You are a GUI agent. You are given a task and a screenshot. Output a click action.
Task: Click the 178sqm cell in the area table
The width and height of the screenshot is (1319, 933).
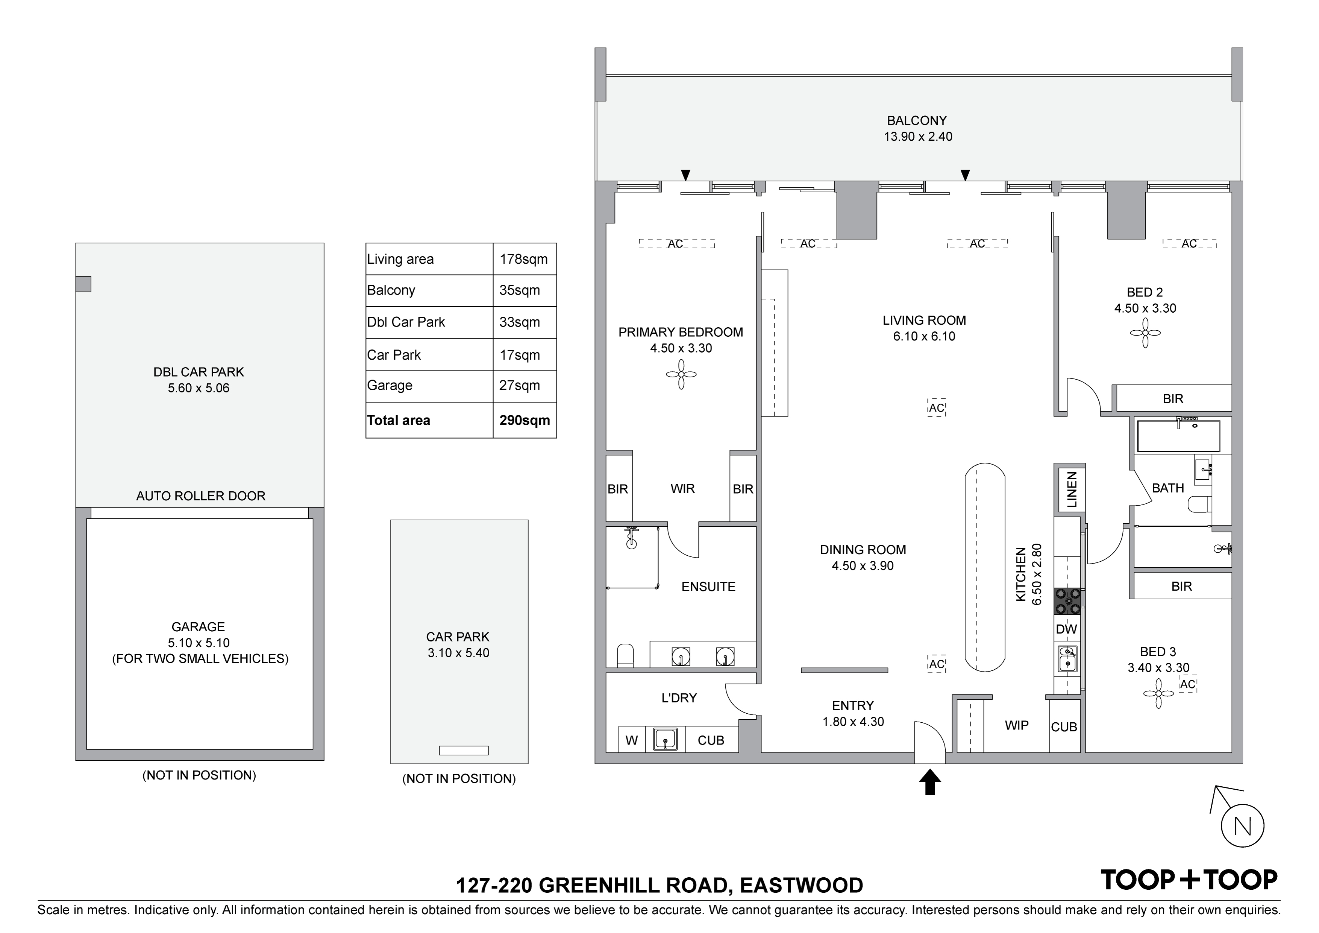[x=524, y=259]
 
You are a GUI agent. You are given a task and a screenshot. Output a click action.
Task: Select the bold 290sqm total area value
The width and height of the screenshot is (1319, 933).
[x=525, y=420]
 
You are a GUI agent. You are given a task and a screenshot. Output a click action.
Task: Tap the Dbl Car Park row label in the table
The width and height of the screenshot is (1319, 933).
[x=406, y=322]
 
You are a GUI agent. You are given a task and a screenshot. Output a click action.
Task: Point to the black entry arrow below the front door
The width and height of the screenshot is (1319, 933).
[x=929, y=783]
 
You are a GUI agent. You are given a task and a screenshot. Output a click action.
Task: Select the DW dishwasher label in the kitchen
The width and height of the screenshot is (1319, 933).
[x=1067, y=629]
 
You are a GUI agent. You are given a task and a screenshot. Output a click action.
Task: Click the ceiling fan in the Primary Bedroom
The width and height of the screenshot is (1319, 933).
[x=681, y=374]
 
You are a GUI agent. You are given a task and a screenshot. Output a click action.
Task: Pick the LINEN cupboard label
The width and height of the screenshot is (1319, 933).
[x=1071, y=489]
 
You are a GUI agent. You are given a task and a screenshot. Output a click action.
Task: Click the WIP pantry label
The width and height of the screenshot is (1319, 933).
[x=1017, y=725]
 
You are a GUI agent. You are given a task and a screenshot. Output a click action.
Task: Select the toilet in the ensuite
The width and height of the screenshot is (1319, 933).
[x=625, y=655]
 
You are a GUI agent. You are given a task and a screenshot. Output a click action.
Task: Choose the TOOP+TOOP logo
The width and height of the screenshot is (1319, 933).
[x=1188, y=880]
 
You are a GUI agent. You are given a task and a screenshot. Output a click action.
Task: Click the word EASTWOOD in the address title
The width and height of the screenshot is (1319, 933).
[x=801, y=885]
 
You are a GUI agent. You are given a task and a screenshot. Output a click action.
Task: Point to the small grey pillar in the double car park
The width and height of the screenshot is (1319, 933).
[x=83, y=284]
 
